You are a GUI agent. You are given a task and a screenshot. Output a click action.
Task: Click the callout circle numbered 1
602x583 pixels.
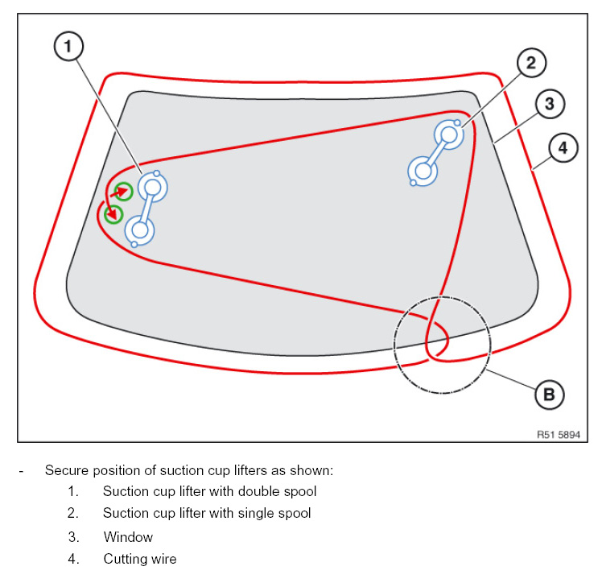click(x=68, y=47)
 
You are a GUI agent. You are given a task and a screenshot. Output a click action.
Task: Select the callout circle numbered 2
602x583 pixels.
click(x=531, y=62)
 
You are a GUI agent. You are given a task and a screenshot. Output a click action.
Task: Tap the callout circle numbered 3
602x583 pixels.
click(x=549, y=104)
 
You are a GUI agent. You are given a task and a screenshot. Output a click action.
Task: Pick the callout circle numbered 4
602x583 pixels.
click(x=563, y=148)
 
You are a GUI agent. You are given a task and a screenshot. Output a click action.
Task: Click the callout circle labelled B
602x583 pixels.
click(x=549, y=395)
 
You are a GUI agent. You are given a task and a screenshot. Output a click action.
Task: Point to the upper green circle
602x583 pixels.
click(x=122, y=192)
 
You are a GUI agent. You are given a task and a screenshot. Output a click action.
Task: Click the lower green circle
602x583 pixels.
click(x=113, y=215)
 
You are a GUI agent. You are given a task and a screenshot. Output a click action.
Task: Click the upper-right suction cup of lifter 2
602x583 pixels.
click(x=448, y=134)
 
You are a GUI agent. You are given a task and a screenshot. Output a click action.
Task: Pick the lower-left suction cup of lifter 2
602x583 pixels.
click(x=423, y=170)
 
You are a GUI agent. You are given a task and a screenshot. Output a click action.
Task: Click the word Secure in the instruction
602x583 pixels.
click(x=65, y=469)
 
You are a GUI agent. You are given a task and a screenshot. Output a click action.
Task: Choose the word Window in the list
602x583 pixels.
click(x=128, y=536)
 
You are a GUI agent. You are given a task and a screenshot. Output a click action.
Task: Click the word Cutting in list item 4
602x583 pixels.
click(x=126, y=559)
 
